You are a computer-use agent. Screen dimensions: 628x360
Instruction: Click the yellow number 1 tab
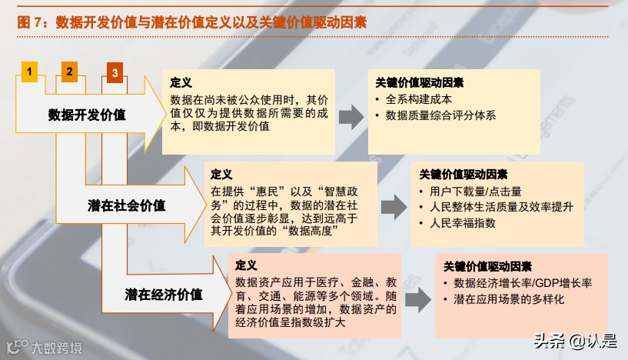[x=29, y=72]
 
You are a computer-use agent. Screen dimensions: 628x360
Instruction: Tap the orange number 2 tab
[x=70, y=72]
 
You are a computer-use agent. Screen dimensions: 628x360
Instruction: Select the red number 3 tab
[x=115, y=73]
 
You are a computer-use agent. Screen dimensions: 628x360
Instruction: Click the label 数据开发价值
[x=87, y=115]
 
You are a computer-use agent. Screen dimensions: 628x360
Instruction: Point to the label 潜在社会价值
[x=126, y=205]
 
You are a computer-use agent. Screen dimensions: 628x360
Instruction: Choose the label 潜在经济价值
[x=164, y=294]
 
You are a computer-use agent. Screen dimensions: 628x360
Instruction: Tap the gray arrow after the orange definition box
[x=394, y=205]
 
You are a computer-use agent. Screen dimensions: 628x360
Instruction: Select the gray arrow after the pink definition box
[x=417, y=294]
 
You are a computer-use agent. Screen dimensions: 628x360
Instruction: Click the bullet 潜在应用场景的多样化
[x=509, y=299]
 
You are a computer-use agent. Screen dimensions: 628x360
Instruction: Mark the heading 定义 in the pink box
[x=247, y=265]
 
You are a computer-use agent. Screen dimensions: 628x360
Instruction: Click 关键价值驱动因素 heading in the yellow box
[x=419, y=82]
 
